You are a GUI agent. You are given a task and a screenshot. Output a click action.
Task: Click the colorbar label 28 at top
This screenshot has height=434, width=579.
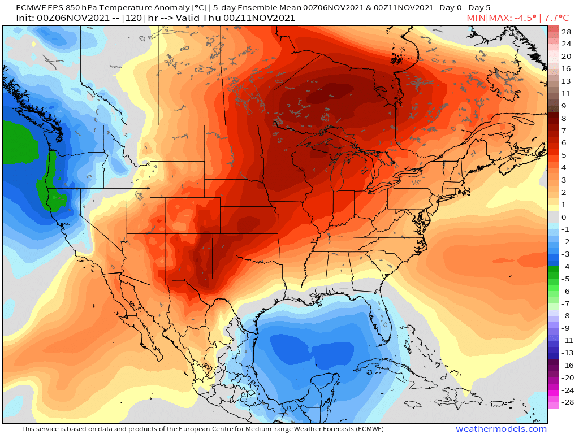(566, 32)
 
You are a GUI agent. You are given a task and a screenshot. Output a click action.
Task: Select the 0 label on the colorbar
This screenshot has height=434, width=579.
(564, 217)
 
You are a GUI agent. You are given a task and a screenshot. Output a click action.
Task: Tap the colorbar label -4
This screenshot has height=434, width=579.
(565, 266)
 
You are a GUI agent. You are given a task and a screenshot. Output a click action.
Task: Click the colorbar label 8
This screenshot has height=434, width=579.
(564, 118)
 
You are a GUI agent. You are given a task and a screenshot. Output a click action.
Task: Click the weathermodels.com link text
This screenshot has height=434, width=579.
(501, 429)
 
